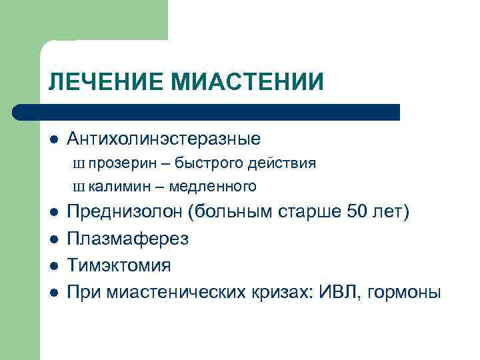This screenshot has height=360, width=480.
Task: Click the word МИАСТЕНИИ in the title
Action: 248,81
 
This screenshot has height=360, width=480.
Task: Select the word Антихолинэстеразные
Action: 163,139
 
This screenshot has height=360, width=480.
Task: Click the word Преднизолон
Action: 125,212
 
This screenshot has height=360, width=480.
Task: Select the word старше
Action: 311,212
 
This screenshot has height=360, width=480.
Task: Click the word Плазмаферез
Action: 128,239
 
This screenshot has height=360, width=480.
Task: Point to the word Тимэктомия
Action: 119,265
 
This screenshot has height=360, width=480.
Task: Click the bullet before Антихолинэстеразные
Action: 53,140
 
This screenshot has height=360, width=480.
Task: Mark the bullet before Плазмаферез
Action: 53,239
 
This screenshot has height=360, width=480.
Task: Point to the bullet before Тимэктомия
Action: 53,266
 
